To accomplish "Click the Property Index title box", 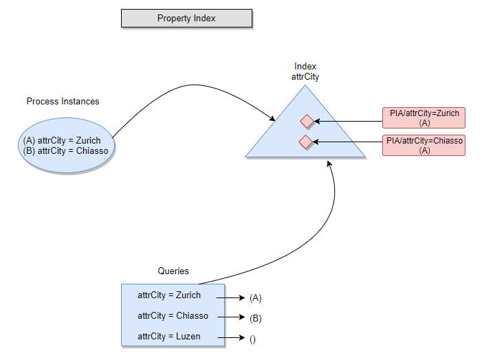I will pyautogui.click(x=186, y=19).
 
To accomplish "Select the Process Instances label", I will pyautogui.click(x=63, y=102).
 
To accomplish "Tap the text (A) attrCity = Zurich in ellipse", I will pyautogui.click(x=62, y=141).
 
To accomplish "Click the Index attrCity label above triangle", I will pyautogui.click(x=305, y=72).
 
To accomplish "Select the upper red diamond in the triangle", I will pyautogui.click(x=307, y=122).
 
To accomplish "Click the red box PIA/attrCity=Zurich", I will pyautogui.click(x=424, y=117).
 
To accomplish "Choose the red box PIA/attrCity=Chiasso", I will pyautogui.click(x=424, y=145).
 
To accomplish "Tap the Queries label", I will pyautogui.click(x=173, y=271).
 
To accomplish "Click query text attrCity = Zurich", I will pyautogui.click(x=169, y=295).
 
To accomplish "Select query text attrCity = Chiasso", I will pyautogui.click(x=173, y=316).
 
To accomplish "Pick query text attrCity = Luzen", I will pyautogui.click(x=169, y=337).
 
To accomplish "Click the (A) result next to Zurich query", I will pyautogui.click(x=256, y=298).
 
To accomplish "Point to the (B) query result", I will pyautogui.click(x=256, y=319).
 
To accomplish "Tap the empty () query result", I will pyautogui.click(x=252, y=339).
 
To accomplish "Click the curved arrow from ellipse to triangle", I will pyautogui.click(x=193, y=85).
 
